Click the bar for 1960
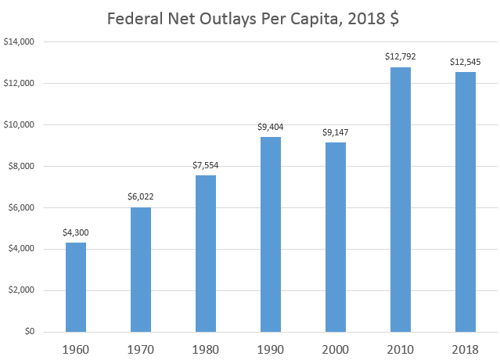tap(76, 287)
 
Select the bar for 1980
tap(206, 254)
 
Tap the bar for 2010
tap(400, 200)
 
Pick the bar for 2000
tap(335, 237)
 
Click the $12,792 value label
tap(400, 57)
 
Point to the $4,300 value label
tap(76, 232)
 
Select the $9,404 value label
tap(270, 127)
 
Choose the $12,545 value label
tap(465, 62)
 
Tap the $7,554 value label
tap(206, 165)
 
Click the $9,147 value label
tap(335, 132)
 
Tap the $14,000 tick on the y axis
tap(22, 42)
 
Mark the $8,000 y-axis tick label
tap(25, 166)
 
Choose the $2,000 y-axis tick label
tap(25, 290)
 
